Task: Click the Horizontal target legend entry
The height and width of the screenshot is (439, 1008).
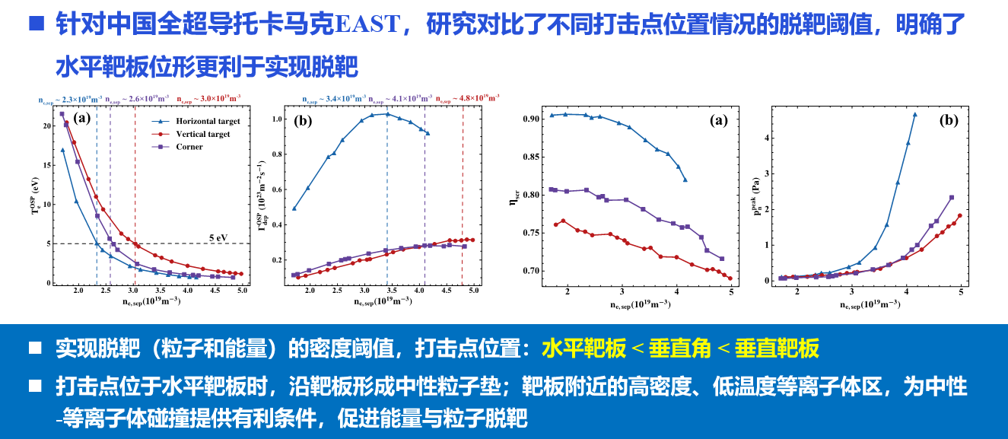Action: point(208,122)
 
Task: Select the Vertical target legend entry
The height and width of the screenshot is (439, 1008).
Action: point(202,134)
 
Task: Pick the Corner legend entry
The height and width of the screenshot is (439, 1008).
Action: point(189,147)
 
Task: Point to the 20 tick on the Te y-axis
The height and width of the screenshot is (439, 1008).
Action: point(47,126)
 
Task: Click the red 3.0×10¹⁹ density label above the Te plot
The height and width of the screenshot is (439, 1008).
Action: point(209,99)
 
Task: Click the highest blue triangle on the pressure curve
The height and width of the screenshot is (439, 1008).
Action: point(915,115)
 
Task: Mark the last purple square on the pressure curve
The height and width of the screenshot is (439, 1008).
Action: point(952,198)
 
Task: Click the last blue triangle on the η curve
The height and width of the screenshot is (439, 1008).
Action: point(685,180)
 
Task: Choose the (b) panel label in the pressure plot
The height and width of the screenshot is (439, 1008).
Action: point(949,120)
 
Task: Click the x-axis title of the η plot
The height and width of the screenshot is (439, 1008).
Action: point(639,303)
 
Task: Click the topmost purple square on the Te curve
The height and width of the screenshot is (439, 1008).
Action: point(62,114)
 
